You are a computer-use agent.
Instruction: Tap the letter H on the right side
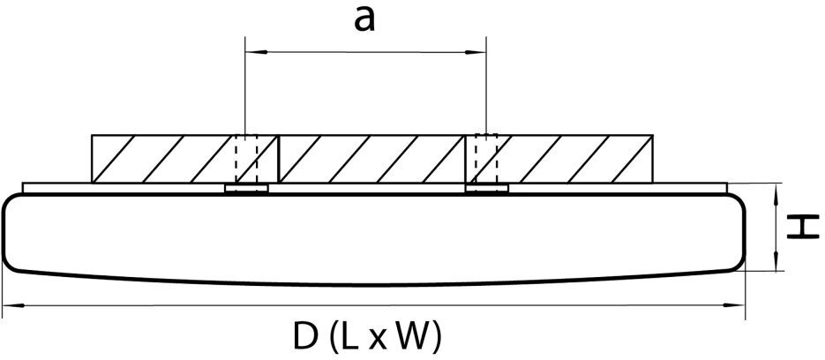click(799, 229)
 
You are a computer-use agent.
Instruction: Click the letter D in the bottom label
click(302, 335)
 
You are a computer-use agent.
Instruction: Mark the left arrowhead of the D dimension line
click(10, 306)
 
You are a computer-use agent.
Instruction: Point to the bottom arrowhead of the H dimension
click(777, 266)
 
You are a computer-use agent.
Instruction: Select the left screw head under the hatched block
click(247, 188)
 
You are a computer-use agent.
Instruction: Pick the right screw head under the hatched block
click(487, 188)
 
